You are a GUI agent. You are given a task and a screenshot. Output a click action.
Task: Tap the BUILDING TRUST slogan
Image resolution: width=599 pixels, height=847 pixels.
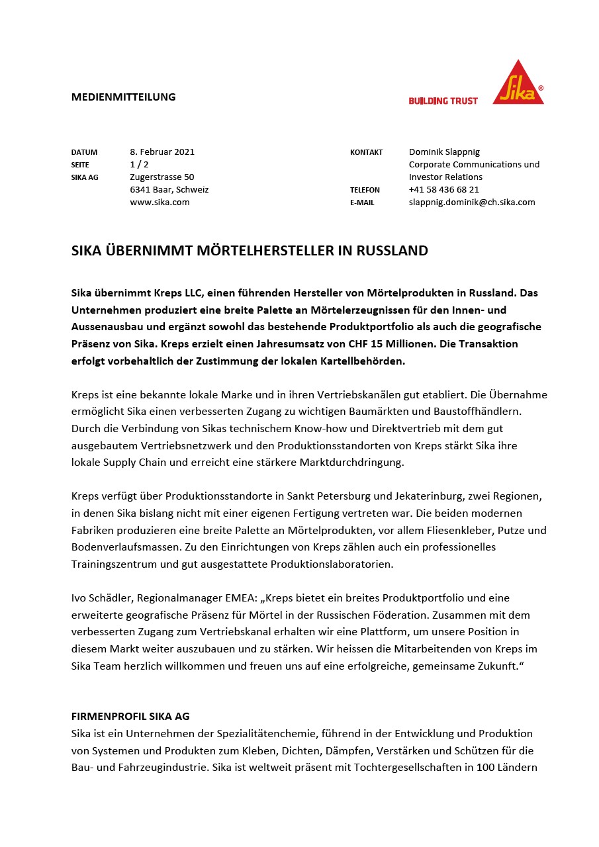(x=443, y=101)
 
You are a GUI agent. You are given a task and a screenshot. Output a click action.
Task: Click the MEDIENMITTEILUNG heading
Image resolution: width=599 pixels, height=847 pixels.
(x=123, y=97)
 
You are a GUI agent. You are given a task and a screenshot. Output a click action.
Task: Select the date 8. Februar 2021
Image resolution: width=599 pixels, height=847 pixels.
(x=162, y=152)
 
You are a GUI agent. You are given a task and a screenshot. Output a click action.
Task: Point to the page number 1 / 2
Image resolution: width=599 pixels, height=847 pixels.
(x=139, y=164)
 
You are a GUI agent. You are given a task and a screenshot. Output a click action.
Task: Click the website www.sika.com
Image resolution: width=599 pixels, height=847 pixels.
(x=160, y=202)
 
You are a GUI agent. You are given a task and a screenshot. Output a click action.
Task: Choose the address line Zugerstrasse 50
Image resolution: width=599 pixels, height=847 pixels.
(x=162, y=177)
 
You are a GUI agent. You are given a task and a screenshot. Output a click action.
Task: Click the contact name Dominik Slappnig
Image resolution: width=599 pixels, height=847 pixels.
(x=444, y=152)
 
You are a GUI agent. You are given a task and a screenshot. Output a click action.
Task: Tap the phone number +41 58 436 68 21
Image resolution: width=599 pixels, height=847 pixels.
(x=443, y=189)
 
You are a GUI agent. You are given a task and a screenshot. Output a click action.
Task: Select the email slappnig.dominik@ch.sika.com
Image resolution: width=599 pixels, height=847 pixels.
(x=472, y=202)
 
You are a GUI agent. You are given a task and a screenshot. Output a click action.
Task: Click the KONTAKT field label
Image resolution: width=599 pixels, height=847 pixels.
(x=366, y=152)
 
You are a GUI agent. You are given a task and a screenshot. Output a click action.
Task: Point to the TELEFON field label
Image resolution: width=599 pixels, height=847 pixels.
(x=365, y=190)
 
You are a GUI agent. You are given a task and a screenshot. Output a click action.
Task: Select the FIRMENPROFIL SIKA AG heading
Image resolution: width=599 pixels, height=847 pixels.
(x=130, y=717)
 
